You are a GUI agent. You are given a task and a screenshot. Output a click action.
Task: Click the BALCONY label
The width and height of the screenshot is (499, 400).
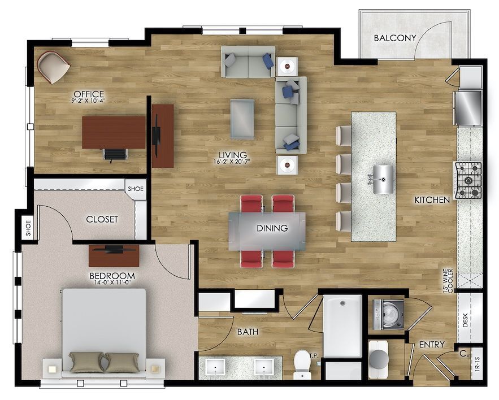coord(395,38)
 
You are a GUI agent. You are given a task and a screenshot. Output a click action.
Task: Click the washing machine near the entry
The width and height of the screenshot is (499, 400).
coord(389,314)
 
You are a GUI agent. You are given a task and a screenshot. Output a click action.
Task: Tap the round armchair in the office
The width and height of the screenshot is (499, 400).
coord(54,66)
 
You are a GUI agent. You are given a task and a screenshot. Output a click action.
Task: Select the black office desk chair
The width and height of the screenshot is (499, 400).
coord(115,154)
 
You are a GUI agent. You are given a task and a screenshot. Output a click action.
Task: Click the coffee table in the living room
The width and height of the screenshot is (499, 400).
coord(242,118)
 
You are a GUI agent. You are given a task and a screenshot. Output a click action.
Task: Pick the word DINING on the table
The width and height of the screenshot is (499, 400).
coord(272,229)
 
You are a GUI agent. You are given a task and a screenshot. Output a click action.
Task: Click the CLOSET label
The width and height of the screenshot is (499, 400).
coord(102,219)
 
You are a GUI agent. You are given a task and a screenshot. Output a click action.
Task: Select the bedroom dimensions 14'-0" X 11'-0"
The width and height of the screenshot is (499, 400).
coord(110,282)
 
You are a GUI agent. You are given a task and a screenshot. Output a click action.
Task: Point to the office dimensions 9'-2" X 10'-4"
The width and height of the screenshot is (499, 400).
coord(89,101)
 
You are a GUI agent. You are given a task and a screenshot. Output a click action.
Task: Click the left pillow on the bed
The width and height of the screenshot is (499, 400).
coord(87,362)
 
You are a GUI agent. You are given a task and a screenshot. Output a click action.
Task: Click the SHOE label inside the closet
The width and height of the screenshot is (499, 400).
coord(135,189)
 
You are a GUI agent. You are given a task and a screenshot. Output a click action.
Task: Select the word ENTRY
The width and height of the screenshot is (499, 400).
coord(431,345)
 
